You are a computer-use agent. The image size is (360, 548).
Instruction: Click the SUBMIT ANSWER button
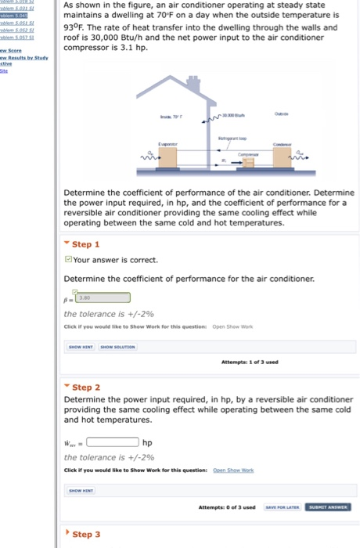click(x=329, y=507)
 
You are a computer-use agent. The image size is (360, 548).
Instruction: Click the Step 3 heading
click(x=86, y=534)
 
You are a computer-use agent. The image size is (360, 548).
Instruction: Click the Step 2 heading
click(x=86, y=388)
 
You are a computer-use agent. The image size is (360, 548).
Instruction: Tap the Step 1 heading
click(x=86, y=244)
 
